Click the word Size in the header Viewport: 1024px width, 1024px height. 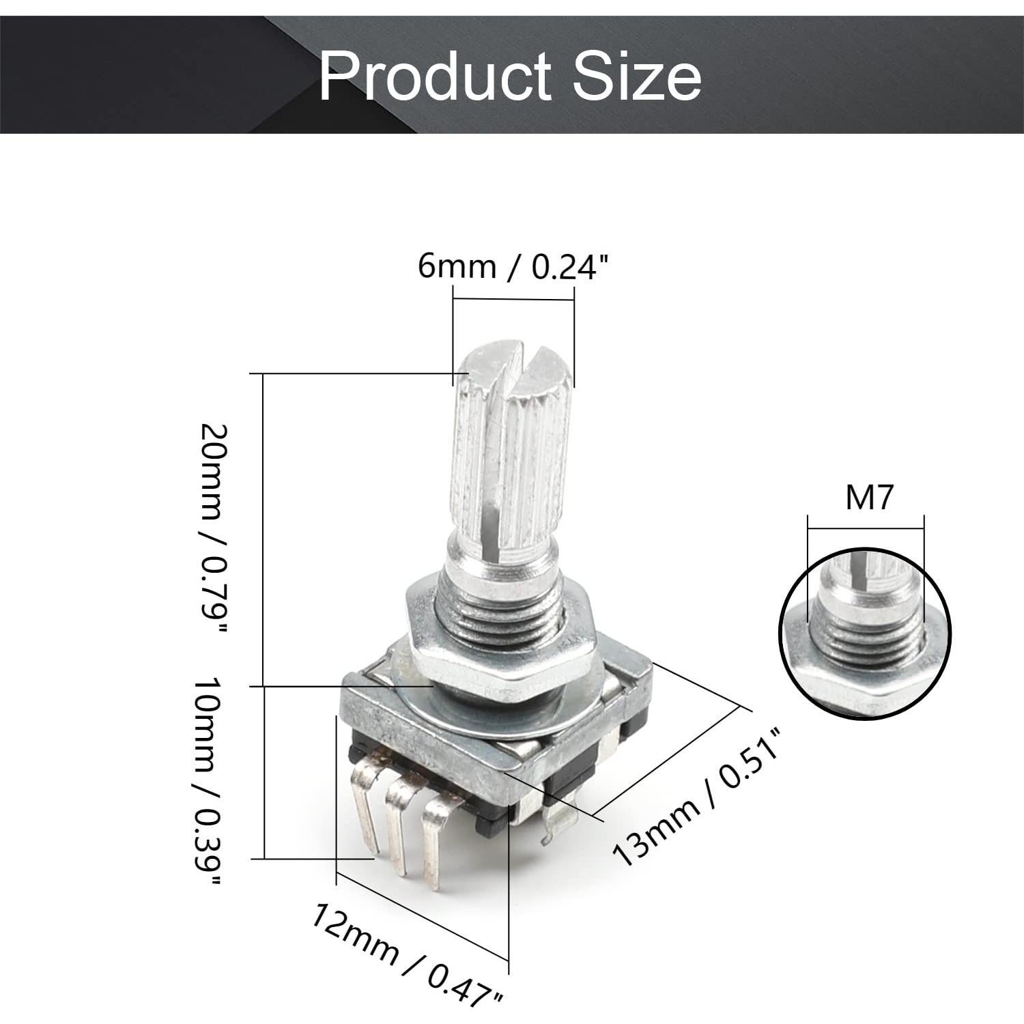[x=636, y=76]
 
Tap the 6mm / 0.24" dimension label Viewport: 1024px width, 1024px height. [x=512, y=266]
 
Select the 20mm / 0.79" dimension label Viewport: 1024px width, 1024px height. [x=212, y=530]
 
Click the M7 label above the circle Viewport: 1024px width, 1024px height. [x=868, y=498]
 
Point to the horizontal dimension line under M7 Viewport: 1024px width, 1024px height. [x=866, y=526]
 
